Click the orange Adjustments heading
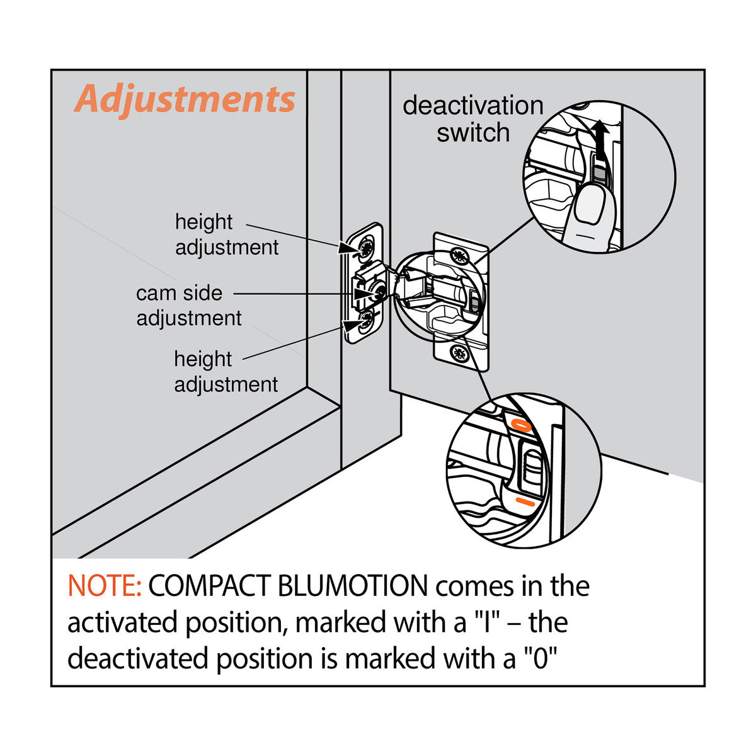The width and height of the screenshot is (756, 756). tap(185, 100)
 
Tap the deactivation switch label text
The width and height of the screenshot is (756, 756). tap(472, 119)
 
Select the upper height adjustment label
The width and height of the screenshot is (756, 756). tap(226, 234)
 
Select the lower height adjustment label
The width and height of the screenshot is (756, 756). tap(226, 372)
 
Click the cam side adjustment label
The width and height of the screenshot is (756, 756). tap(188, 306)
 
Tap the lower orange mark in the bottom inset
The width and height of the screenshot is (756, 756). tap(525, 502)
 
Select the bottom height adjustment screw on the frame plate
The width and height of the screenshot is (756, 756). tap(365, 324)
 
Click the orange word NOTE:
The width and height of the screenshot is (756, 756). tap(105, 587)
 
